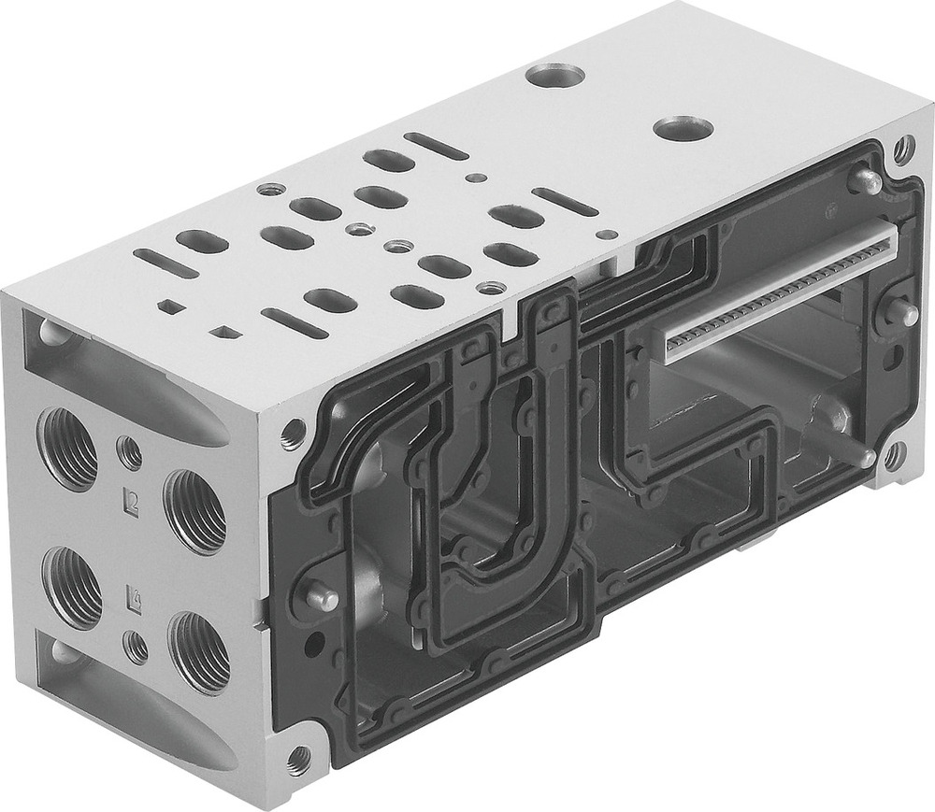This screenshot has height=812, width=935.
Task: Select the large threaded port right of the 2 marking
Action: [194, 510]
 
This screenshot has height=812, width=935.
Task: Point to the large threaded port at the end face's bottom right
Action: [198, 651]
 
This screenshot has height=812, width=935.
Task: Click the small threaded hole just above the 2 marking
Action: [130, 453]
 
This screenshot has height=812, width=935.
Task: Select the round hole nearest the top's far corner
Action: [554, 74]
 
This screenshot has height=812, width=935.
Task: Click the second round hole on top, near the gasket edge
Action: [683, 128]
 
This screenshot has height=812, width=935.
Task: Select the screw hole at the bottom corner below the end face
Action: [299, 758]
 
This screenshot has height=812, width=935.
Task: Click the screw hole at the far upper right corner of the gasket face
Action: [903, 147]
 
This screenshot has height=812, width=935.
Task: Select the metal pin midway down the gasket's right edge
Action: [901, 313]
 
